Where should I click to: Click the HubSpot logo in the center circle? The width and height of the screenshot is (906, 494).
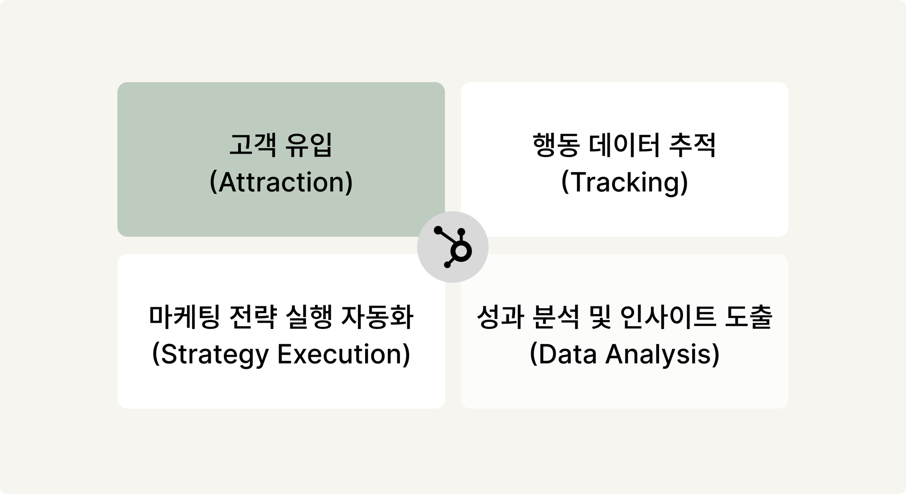pyautogui.click(x=453, y=247)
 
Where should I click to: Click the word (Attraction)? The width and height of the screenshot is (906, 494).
pyautogui.click(x=281, y=182)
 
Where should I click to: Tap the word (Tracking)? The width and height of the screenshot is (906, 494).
pyautogui.click(x=625, y=182)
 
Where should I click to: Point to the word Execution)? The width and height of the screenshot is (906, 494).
pyautogui.click(x=344, y=354)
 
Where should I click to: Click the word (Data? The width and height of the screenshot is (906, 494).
pyautogui.click(x=563, y=354)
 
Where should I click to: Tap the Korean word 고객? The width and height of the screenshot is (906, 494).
pyautogui.click(x=253, y=145)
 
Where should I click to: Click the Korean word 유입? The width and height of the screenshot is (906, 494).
pyautogui.click(x=309, y=145)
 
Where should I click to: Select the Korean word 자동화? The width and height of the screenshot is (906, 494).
pyautogui.click(x=377, y=317)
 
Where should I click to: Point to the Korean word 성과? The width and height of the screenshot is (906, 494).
pyautogui.click(x=500, y=317)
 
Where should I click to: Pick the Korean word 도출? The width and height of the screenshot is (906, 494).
pyautogui.click(x=749, y=317)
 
